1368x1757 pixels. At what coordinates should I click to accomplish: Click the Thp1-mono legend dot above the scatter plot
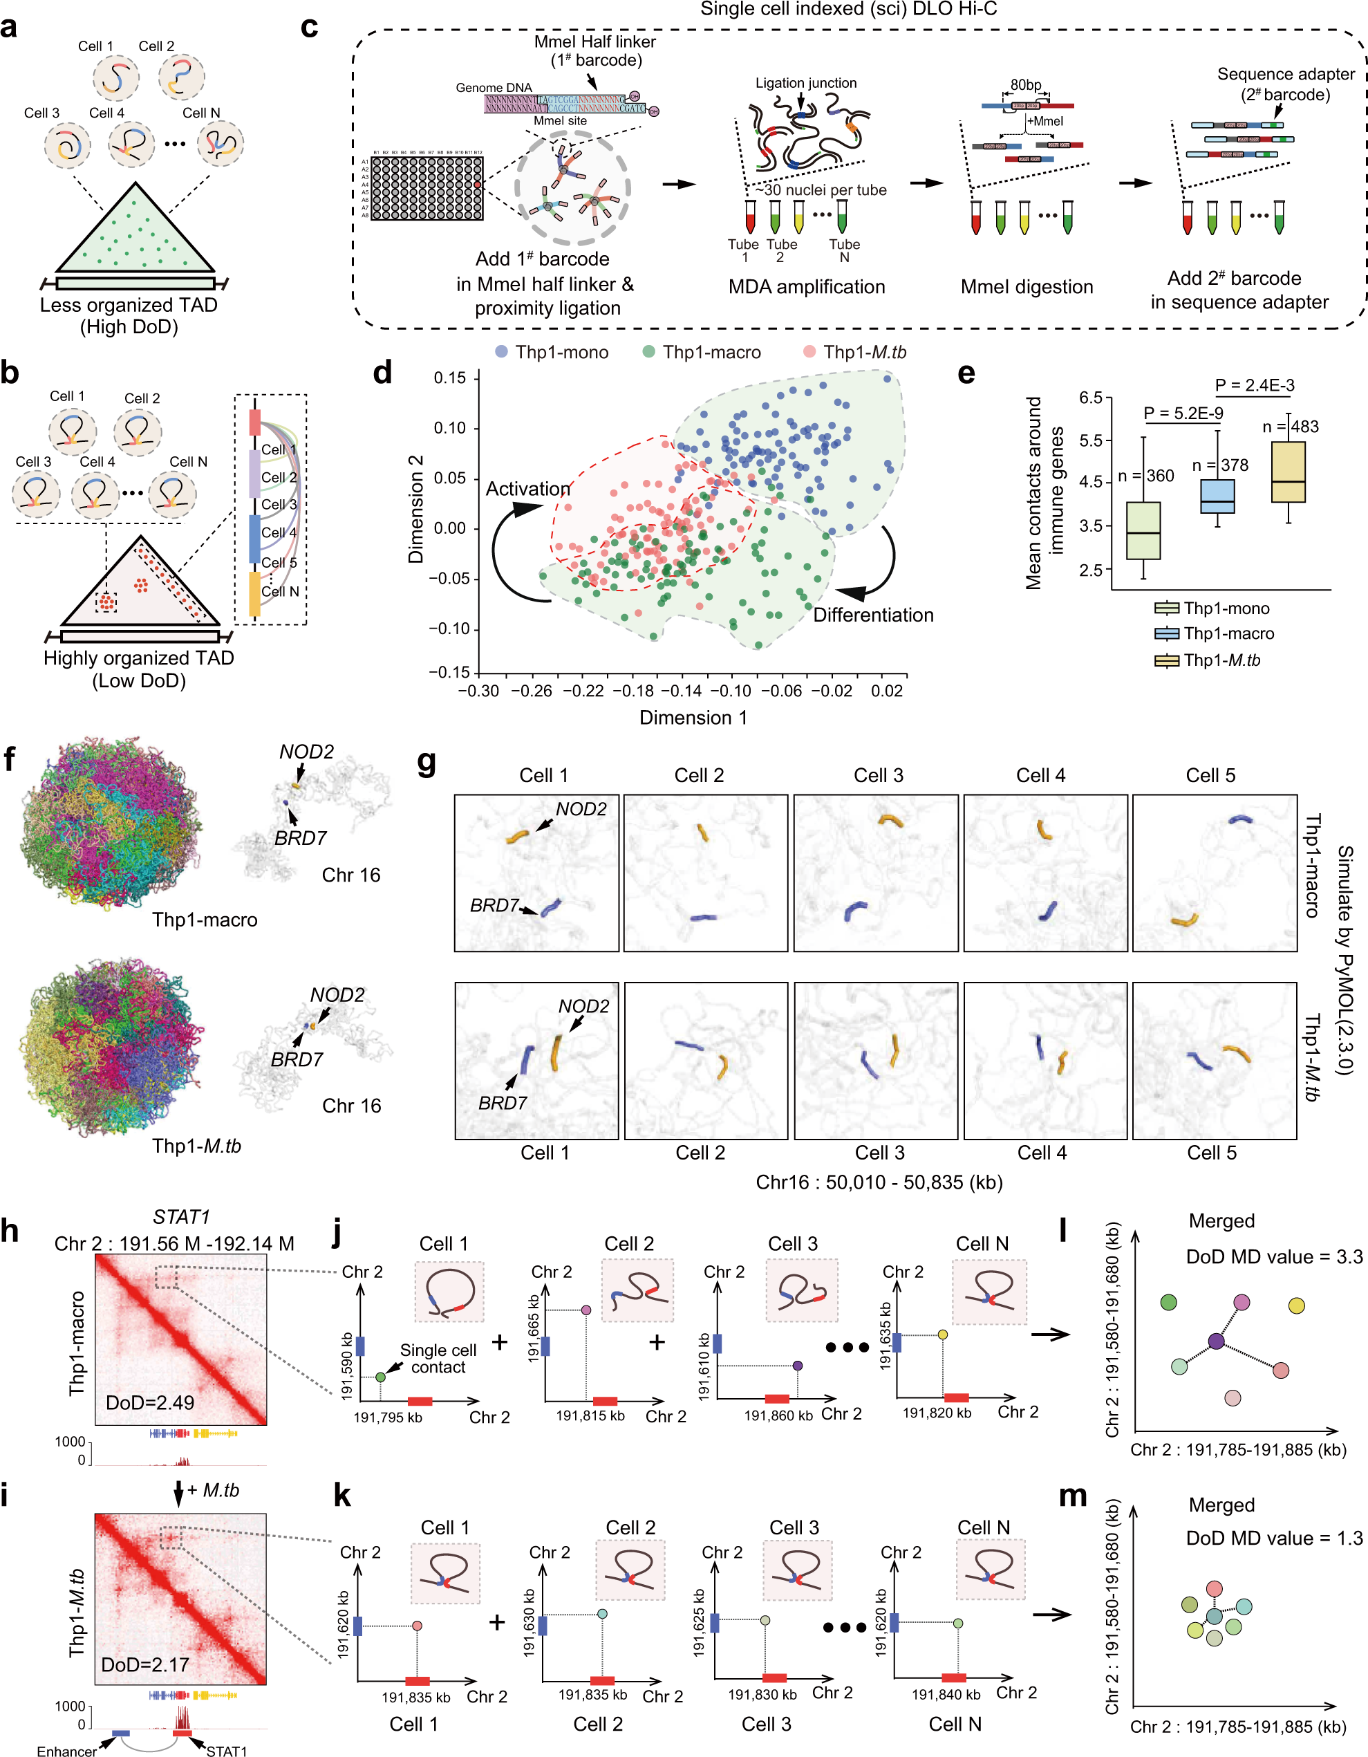[501, 351]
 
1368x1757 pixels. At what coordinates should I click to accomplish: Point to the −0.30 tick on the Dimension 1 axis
[478, 690]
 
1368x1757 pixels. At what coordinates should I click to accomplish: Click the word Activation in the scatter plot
[527, 488]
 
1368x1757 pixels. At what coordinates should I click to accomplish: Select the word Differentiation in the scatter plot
[872, 615]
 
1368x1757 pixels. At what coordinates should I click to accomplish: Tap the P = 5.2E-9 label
[1183, 413]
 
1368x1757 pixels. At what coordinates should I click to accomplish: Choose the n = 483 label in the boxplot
[1290, 427]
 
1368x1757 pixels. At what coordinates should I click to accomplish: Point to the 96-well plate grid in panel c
[427, 187]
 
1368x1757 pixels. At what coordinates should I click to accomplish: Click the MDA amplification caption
[806, 286]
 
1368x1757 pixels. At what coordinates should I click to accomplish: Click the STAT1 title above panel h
[181, 1216]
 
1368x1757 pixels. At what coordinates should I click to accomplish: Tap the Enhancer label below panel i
[67, 1751]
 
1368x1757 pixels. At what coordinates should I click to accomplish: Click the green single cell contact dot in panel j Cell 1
[380, 1377]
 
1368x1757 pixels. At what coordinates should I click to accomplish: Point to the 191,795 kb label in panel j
[388, 1417]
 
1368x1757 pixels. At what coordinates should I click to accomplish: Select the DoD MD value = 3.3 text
[1274, 1256]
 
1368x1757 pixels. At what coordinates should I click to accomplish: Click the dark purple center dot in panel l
[1215, 1341]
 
